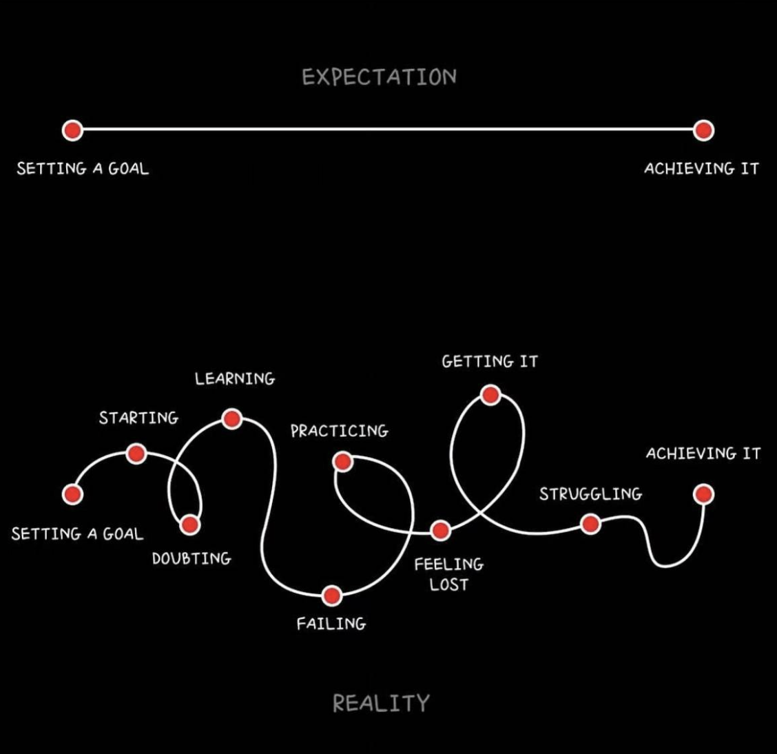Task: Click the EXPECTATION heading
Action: coord(379,77)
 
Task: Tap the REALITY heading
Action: coord(381,703)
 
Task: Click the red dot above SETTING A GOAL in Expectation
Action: coord(72,130)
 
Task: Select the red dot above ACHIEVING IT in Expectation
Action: coord(703,130)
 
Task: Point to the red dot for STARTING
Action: coord(136,454)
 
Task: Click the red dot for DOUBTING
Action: coord(190,525)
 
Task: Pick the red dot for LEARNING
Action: coord(232,418)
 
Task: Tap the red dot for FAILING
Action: coord(332,595)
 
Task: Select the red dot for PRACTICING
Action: coord(342,462)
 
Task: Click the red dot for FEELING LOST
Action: coord(440,530)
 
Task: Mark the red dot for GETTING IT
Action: coord(490,395)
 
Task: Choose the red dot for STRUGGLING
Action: coord(590,524)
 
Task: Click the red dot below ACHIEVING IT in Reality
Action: coord(703,494)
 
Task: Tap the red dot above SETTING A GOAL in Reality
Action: coord(72,494)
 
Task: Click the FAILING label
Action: coord(331,624)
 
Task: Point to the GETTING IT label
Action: coord(490,361)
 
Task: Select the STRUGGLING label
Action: coord(590,493)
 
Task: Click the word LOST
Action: coord(449,584)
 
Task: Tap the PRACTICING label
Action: coord(339,431)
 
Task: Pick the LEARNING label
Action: coord(235,378)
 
